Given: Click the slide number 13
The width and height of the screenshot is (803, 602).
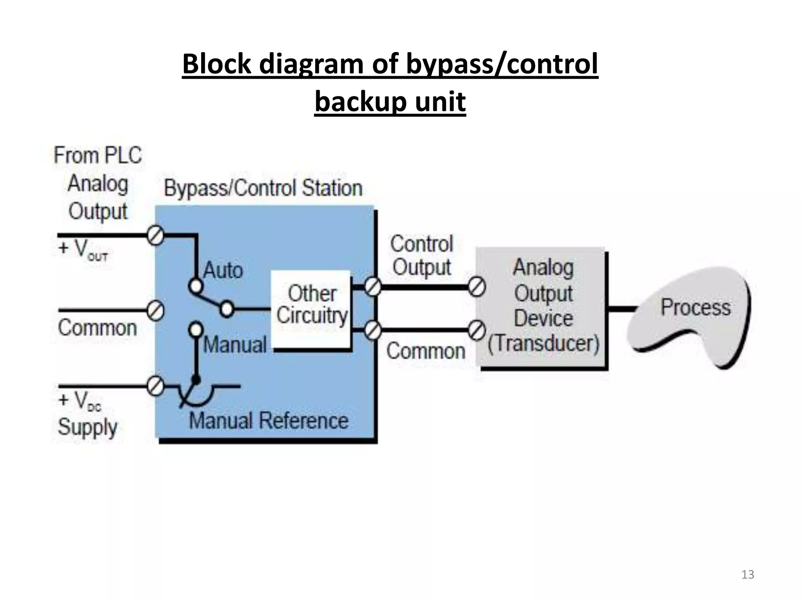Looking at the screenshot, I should tap(748, 575).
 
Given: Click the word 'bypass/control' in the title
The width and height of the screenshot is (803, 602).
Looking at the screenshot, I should tap(502, 64).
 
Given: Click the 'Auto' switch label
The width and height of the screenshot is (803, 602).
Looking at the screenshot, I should tap(223, 270).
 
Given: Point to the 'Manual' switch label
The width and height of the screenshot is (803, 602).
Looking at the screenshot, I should tap(235, 345).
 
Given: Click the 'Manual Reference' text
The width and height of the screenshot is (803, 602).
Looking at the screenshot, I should tap(269, 421).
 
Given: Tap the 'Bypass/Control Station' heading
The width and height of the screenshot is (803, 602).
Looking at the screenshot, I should tap(263, 188).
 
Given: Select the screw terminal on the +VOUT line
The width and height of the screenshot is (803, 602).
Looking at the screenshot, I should tap(155, 236).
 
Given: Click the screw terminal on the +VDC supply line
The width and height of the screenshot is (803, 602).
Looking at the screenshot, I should tap(155, 386).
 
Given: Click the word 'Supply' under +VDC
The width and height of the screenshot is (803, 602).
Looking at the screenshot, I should tap(87, 427).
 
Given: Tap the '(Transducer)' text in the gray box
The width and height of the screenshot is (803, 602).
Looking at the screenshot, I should tap(543, 343).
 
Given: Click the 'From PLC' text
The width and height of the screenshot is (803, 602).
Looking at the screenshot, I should tap(98, 155).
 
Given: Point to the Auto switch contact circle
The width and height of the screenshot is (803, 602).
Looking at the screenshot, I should tap(196, 286).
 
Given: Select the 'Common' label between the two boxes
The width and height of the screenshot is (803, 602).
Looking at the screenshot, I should tap(426, 351).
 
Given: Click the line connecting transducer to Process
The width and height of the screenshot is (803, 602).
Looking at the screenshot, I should tap(621, 309).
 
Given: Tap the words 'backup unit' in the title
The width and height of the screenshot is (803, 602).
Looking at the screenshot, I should tap(390, 102).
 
